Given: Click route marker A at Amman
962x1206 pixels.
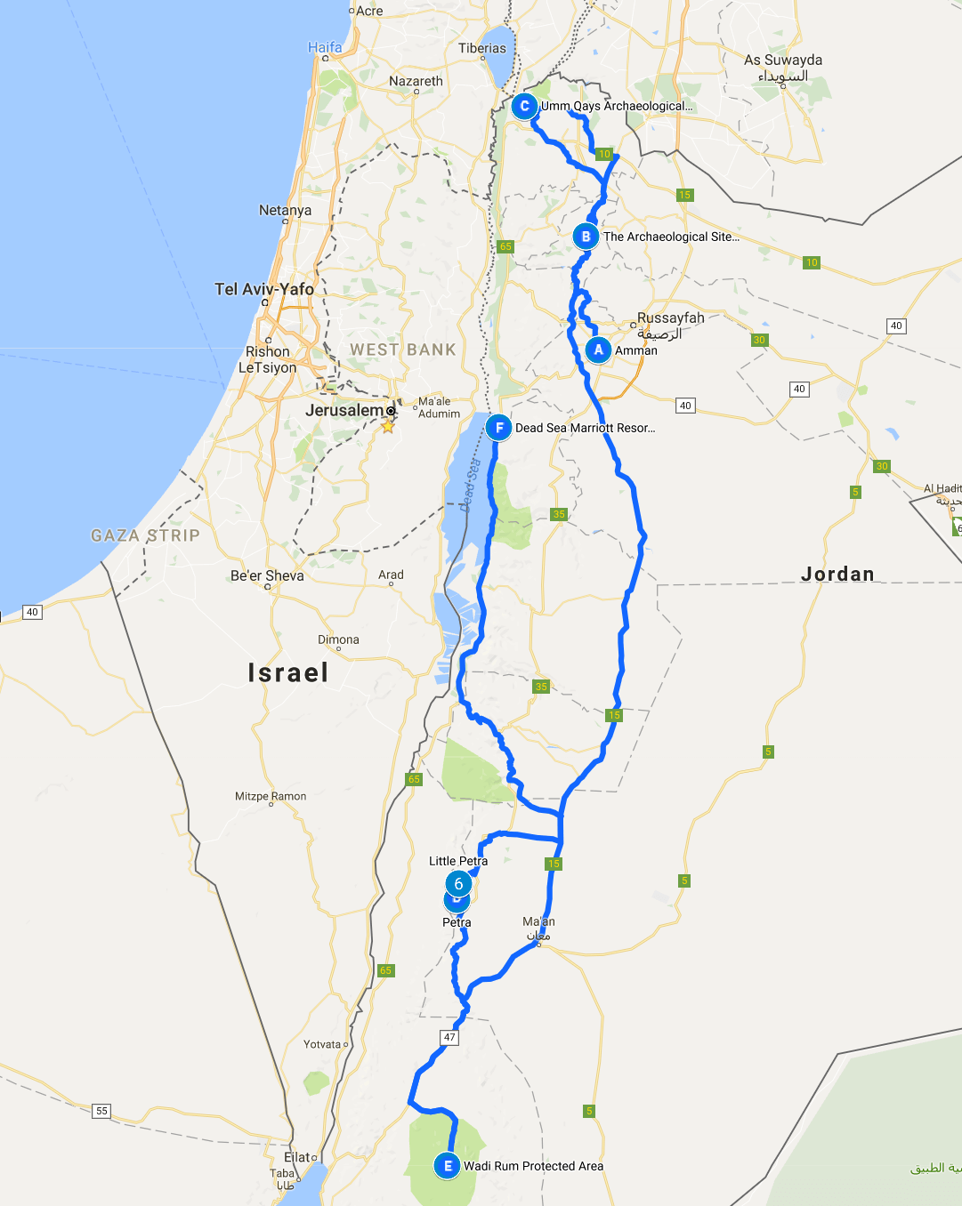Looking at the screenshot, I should click(x=598, y=350).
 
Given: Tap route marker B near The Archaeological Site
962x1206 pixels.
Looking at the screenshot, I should click(x=586, y=237).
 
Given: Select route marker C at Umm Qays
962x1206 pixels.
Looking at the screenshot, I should click(x=524, y=107).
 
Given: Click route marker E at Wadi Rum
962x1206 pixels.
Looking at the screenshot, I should click(x=447, y=1166).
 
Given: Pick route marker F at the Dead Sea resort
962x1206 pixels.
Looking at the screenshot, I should click(x=498, y=428).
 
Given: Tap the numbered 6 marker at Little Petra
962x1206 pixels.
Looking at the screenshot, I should click(x=458, y=883).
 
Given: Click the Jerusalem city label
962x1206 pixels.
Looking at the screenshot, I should click(x=344, y=410).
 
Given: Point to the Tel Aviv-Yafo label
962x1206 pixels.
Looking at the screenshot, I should click(x=264, y=289).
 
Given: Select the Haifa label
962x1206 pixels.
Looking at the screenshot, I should click(x=325, y=47).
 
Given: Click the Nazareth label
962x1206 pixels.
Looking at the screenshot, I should click(x=416, y=81).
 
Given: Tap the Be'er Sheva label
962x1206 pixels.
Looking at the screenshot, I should click(x=267, y=575).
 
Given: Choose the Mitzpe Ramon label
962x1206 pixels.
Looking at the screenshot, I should click(x=271, y=796).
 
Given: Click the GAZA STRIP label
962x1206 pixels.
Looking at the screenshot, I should click(x=145, y=535).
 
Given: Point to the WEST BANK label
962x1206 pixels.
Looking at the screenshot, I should click(x=402, y=350).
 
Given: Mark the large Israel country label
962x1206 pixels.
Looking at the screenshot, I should click(x=288, y=672).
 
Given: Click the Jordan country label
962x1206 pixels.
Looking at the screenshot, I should click(x=837, y=574).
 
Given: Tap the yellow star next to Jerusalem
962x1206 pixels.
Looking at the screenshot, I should click(x=388, y=426).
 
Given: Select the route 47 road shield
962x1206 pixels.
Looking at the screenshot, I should click(x=449, y=1037).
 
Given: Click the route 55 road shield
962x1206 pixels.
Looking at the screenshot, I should click(x=101, y=1111).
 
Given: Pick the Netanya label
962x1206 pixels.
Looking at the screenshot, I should click(x=285, y=210).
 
